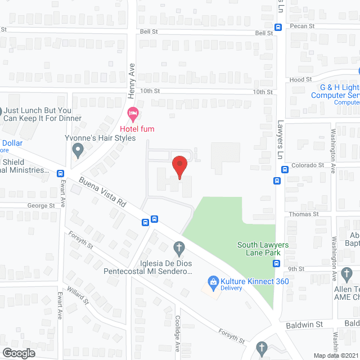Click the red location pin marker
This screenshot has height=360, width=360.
179,167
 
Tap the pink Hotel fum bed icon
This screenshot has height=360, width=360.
133,114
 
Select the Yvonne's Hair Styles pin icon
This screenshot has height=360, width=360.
78,150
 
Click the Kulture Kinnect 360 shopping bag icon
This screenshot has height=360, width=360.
213,281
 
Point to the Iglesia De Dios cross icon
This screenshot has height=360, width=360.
179,247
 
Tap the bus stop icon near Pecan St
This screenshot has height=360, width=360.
278,27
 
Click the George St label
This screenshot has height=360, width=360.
42,206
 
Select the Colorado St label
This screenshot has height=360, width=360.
308,165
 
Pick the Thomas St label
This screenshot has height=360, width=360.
304,214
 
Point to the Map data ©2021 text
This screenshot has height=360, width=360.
335,355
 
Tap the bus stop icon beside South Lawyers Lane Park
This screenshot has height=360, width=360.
277,263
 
